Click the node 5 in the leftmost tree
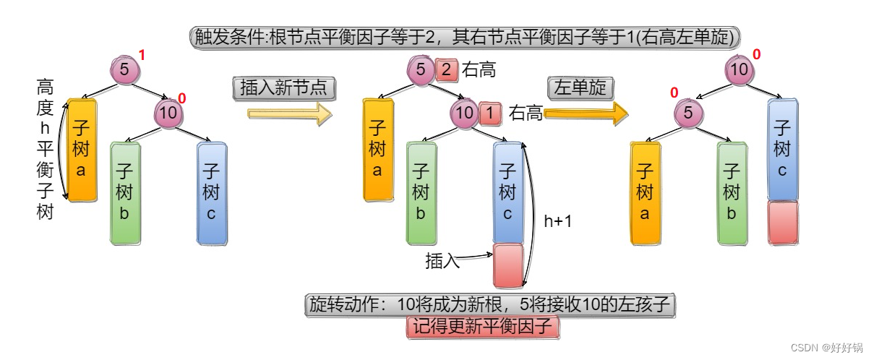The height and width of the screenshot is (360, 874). (124, 70)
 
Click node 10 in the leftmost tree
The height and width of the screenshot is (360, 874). (167, 112)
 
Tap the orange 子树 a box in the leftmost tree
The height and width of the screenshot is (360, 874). (81, 150)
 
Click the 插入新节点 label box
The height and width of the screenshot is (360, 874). (284, 88)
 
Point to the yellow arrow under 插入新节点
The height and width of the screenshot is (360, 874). (289, 113)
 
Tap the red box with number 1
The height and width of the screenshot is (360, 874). (489, 112)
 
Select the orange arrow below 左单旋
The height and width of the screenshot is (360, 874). (586, 113)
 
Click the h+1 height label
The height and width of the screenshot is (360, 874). (557, 221)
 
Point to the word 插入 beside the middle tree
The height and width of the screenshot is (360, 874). (442, 262)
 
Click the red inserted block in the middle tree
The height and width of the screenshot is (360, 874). (507, 265)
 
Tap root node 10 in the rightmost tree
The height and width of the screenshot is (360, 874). (740, 70)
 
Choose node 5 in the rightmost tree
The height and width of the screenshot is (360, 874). (688, 113)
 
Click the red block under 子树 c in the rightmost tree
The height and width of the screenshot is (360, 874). (782, 222)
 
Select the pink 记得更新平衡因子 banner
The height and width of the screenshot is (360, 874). (484, 327)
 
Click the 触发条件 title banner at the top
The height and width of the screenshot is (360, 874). (463, 36)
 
